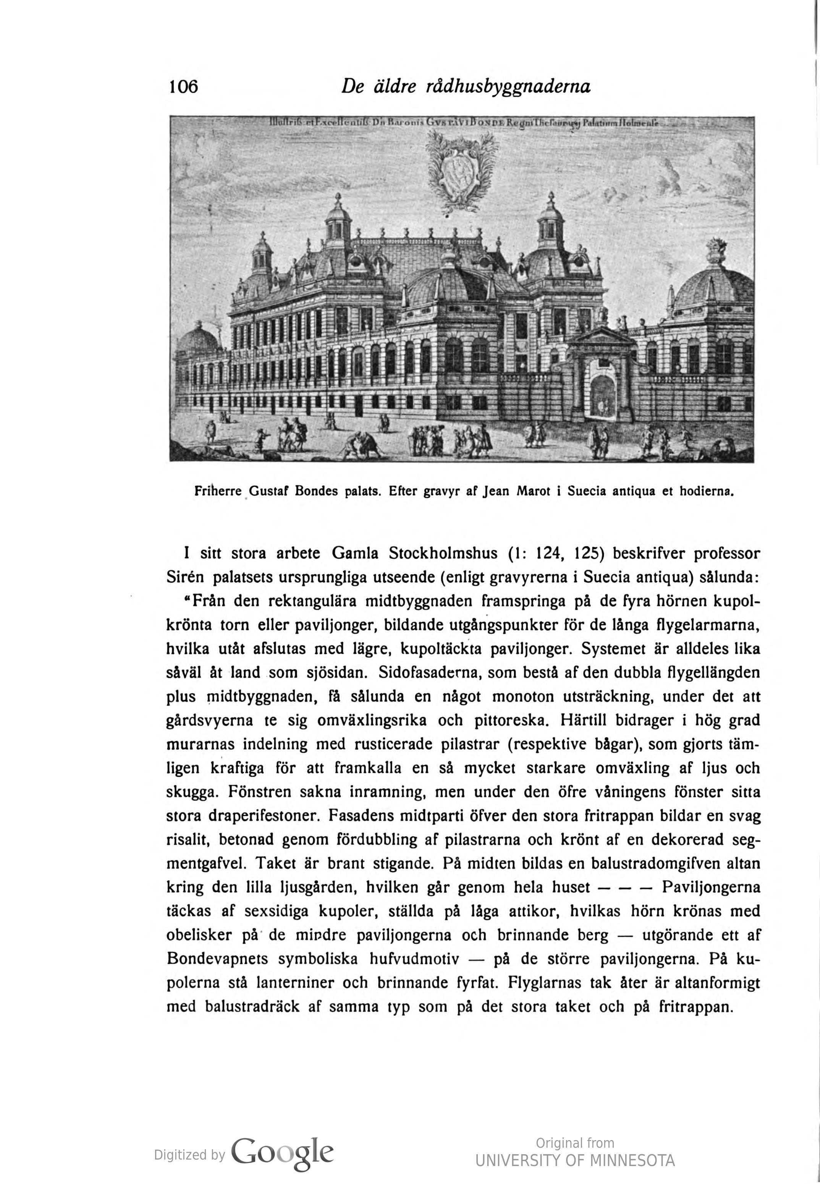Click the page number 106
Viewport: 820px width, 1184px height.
coord(183,86)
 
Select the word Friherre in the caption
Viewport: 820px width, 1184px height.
coord(218,491)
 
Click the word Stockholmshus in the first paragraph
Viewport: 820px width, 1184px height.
coord(443,554)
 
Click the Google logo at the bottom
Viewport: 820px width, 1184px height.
coord(282,1153)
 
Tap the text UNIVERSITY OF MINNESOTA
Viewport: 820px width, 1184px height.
coord(574,1160)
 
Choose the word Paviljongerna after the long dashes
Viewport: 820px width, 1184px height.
coord(711,887)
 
